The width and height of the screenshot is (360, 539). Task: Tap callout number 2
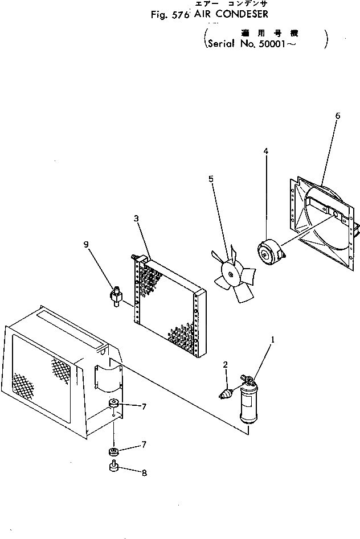click(226, 364)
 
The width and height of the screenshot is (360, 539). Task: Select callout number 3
click(136, 218)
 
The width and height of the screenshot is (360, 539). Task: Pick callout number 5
click(211, 179)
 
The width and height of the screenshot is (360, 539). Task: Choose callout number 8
click(144, 472)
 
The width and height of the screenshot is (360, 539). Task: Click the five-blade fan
click(232, 277)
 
